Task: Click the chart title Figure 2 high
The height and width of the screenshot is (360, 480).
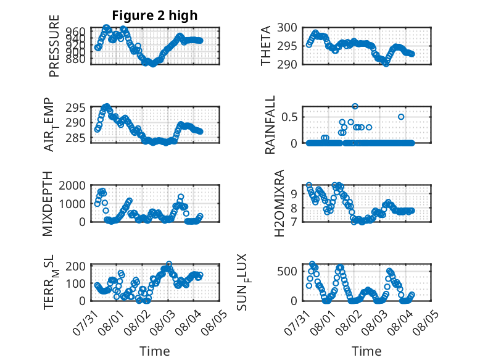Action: click(154, 15)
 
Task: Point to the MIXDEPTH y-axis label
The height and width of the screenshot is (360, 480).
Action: click(48, 204)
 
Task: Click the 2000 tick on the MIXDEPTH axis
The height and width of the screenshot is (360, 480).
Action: click(75, 186)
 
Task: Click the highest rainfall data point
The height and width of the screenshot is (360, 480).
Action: click(355, 106)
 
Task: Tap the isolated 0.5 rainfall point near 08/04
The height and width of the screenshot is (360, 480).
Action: click(401, 117)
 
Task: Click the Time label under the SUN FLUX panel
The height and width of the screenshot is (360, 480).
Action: click(366, 351)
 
